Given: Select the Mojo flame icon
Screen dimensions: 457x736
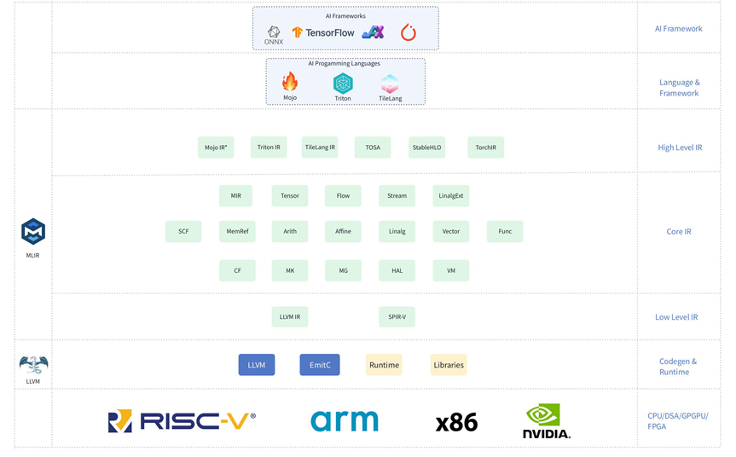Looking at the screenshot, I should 290,82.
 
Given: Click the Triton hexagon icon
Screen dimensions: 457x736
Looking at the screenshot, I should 343,83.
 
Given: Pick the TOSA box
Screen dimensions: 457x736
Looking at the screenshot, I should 373,148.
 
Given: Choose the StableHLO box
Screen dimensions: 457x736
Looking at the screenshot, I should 426,148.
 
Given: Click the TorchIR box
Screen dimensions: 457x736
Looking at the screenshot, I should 486,148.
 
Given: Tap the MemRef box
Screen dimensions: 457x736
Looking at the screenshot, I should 237,231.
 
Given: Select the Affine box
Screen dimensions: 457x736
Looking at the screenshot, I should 343,231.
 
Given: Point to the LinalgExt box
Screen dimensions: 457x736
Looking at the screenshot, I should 451,196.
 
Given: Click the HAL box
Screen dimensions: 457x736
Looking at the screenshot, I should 397,270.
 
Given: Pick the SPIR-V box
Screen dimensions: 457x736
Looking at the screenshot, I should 397,317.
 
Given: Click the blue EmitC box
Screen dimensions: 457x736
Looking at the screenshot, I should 320,365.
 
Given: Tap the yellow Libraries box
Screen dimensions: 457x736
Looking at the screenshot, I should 449,365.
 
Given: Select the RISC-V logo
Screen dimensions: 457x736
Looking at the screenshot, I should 182,421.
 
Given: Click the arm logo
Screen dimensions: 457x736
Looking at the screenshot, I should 345,420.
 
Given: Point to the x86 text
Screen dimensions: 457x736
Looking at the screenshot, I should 456,422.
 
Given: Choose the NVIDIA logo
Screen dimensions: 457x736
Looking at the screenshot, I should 546,420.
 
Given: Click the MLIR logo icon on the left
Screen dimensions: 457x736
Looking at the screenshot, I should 33,231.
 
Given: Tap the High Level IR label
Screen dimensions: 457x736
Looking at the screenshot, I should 680,148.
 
